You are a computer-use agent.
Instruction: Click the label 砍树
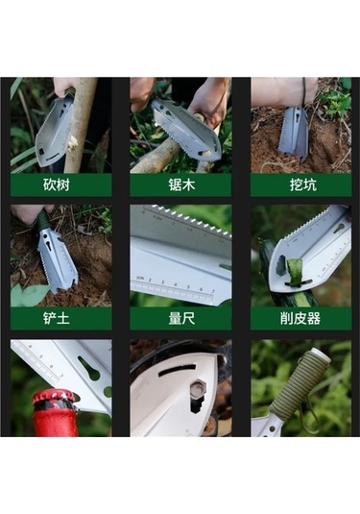pos(57,184)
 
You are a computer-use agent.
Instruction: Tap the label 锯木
pos(181,184)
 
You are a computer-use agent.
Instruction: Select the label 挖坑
pos(303,184)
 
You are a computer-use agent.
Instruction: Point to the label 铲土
pos(57,318)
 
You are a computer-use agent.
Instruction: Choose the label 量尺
pos(181,318)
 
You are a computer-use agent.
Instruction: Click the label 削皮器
pos(300,318)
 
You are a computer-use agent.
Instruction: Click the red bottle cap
pos(55,400)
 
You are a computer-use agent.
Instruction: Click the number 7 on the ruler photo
pos(213,291)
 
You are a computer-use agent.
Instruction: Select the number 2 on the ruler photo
pos(150,281)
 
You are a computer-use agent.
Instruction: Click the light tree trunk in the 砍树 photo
pos(80,126)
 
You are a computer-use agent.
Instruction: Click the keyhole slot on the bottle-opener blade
pos(88,369)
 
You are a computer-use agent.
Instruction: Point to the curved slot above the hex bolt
pos(178,371)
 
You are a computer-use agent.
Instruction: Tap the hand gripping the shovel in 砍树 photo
pos(63,86)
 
